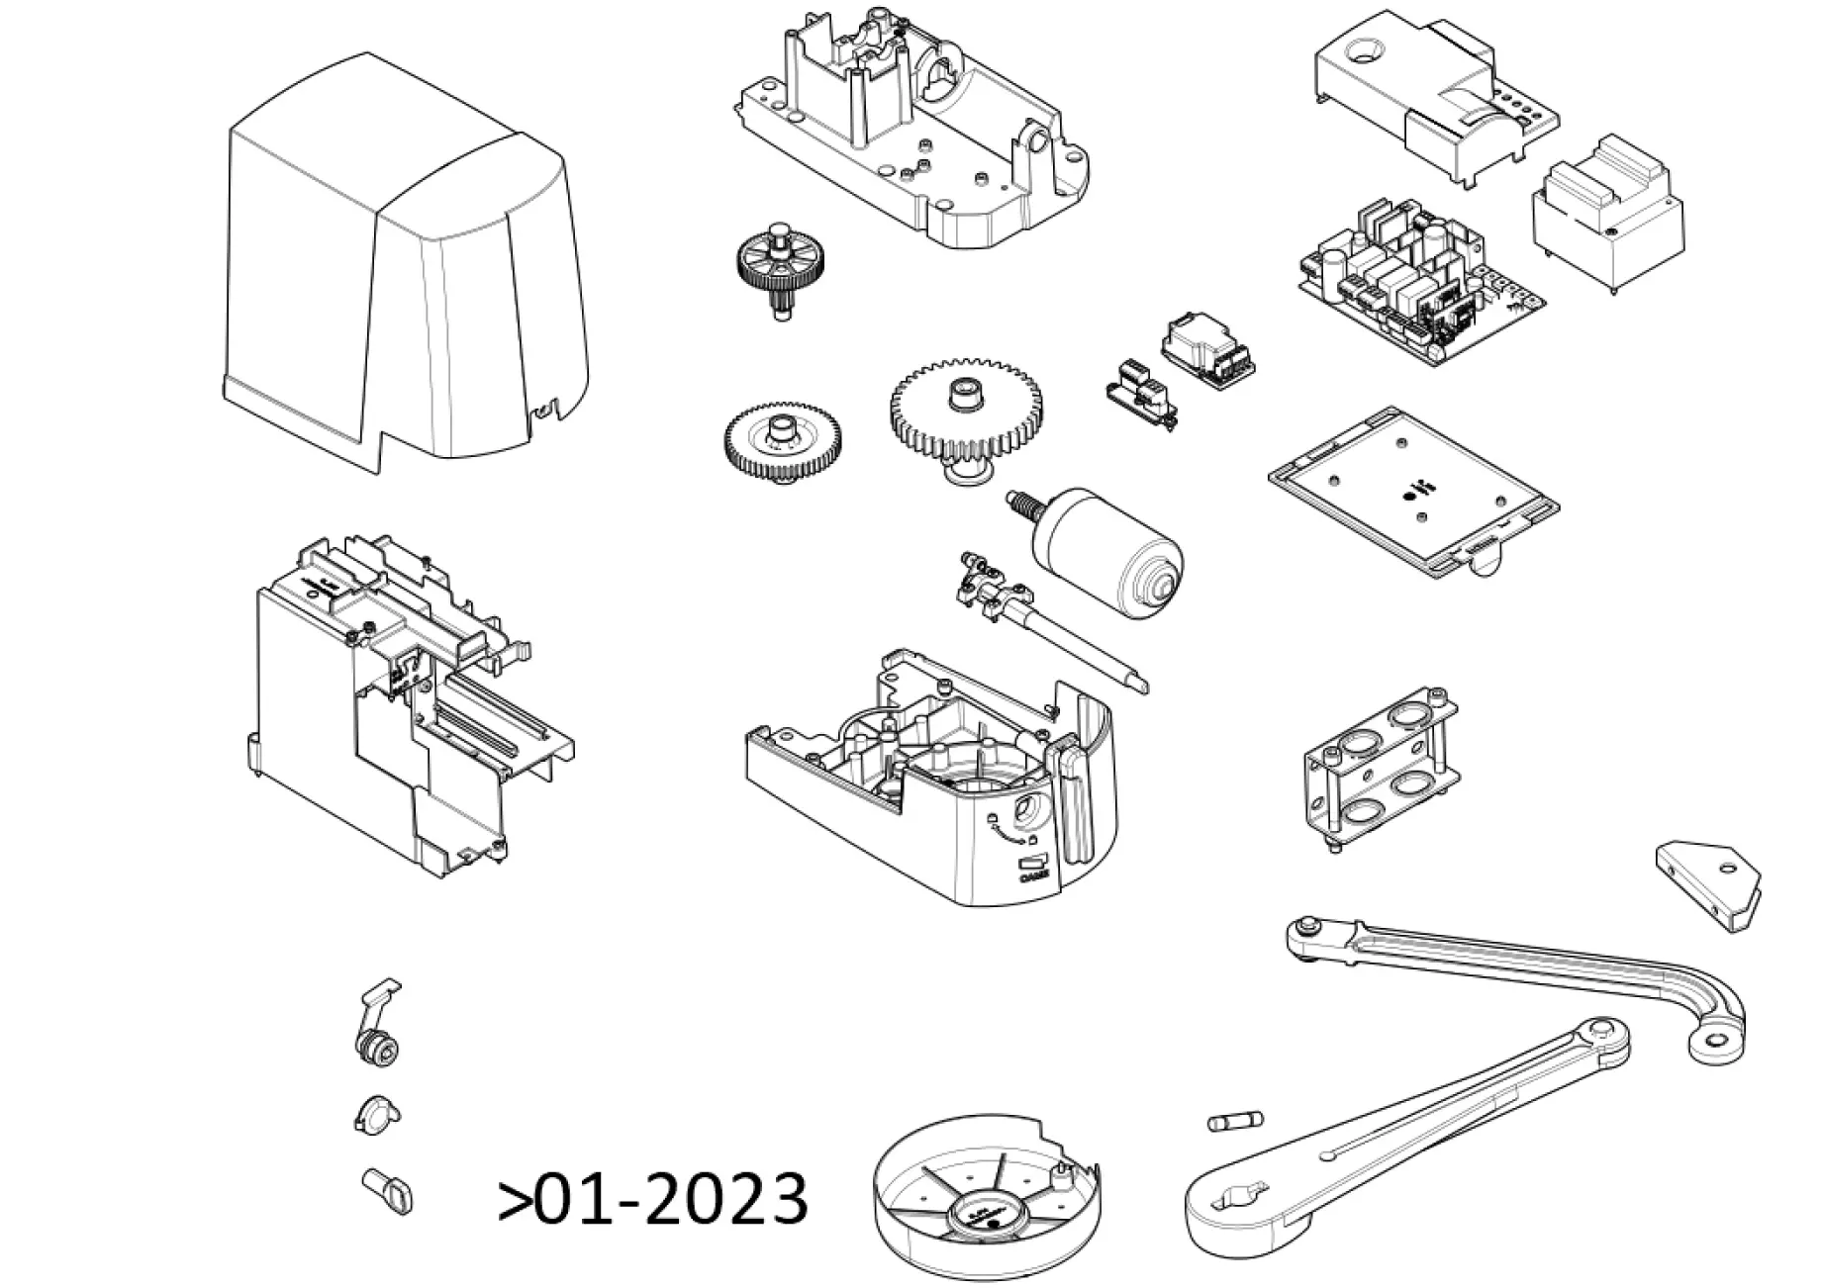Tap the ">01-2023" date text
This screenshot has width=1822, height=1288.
pos(653,1199)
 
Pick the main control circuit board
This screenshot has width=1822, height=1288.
pos(1415,277)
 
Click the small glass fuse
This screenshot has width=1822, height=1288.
pos(1235,1122)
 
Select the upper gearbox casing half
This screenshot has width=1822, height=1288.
pos(920,148)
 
